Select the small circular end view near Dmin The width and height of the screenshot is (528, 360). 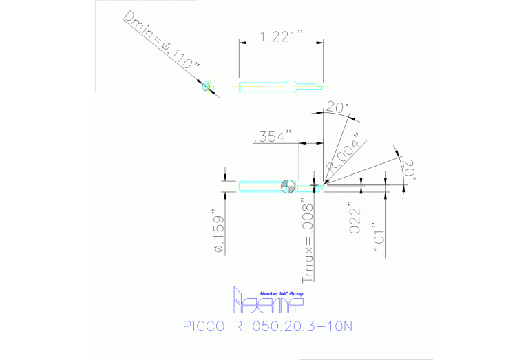click(206, 86)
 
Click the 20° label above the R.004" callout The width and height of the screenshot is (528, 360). click(337, 108)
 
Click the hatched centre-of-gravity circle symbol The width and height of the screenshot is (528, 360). click(288, 186)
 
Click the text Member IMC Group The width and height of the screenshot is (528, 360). click(281, 293)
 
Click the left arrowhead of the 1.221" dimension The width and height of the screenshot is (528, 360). click(240, 43)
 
